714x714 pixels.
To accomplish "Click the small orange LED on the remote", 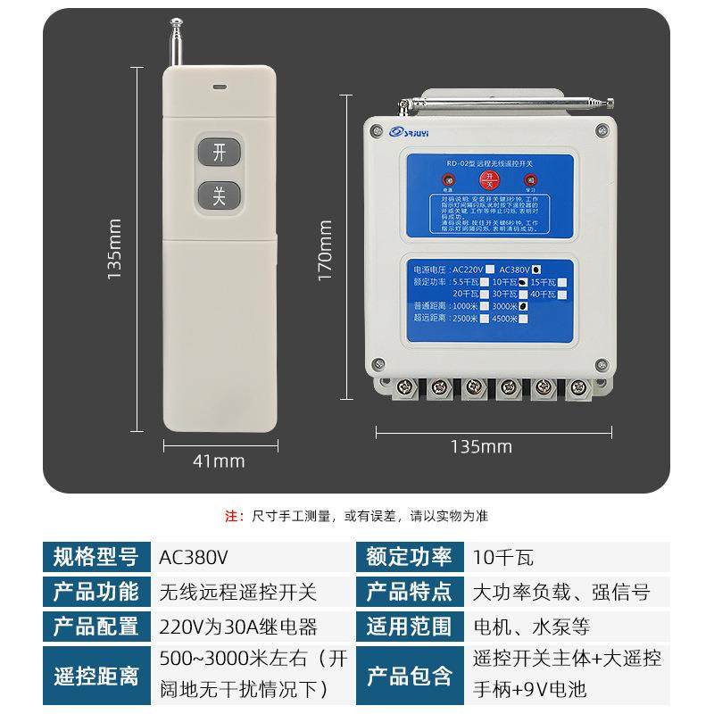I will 218,87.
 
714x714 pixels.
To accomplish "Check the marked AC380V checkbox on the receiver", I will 541,269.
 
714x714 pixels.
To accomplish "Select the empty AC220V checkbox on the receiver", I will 489,269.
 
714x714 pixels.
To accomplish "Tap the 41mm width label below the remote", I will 219,461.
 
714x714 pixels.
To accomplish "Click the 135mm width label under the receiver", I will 493,446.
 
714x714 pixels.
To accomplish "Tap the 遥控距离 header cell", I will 95,676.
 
